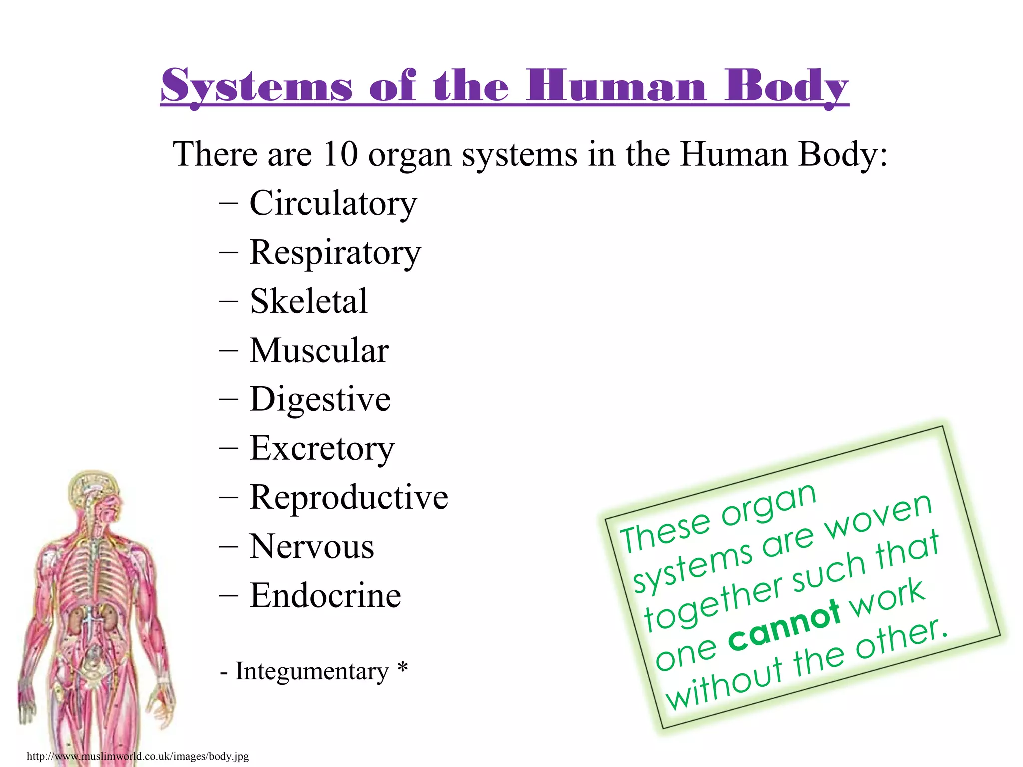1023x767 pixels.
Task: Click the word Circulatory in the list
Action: click(x=333, y=204)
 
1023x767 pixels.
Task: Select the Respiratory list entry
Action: click(x=335, y=253)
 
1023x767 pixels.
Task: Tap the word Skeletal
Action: click(x=308, y=301)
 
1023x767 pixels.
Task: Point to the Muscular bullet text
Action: click(x=319, y=350)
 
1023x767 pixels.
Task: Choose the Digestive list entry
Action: click(x=320, y=399)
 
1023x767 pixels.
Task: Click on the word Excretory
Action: click(x=322, y=448)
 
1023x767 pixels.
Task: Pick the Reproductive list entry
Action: click(x=349, y=497)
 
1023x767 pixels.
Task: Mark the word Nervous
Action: click(x=312, y=546)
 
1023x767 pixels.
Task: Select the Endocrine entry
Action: click(x=325, y=595)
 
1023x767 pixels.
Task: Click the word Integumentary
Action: click(x=312, y=671)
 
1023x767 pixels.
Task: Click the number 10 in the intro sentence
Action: click(x=340, y=154)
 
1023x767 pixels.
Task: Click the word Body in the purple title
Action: click(x=786, y=86)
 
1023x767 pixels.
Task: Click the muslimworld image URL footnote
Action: click(x=138, y=756)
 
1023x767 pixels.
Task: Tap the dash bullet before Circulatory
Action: click(x=228, y=204)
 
